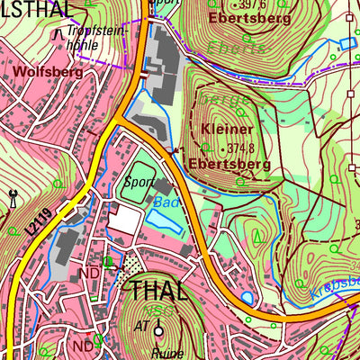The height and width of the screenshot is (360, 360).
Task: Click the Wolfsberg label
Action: click(41, 69)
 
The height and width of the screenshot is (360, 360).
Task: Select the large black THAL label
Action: click(159, 290)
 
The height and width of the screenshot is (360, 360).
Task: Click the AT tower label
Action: click(143, 325)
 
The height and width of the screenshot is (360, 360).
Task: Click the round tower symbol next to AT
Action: click(168, 326)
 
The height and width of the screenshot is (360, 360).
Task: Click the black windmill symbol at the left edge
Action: click(13, 197)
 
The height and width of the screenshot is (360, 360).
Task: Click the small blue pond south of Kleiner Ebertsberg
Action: click(247, 296)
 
